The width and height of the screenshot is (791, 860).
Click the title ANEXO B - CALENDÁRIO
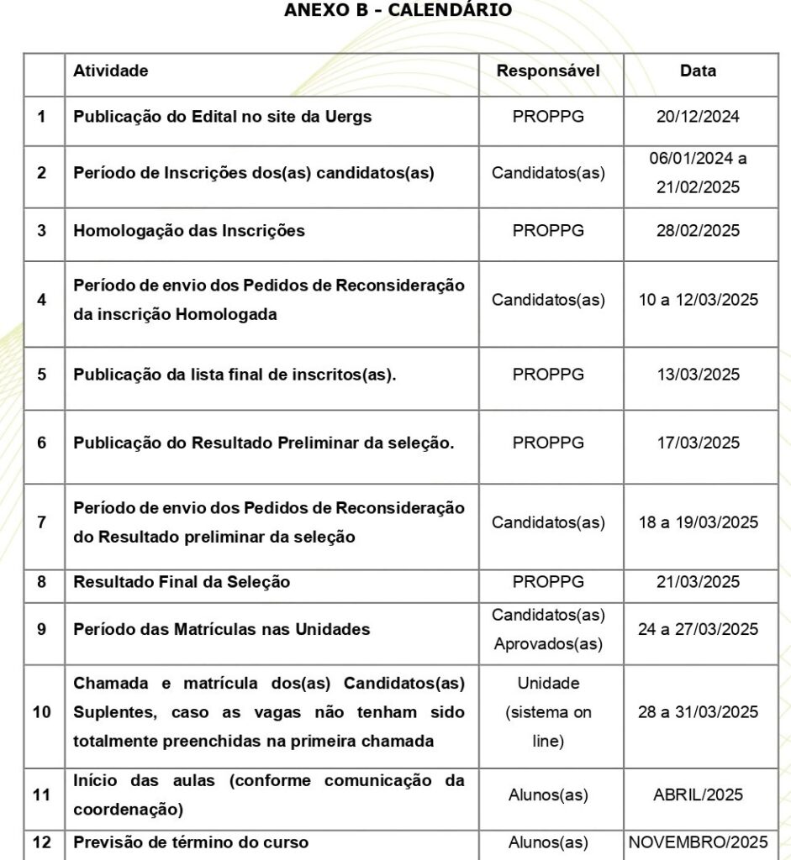(398, 10)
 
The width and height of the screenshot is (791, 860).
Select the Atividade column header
(111, 71)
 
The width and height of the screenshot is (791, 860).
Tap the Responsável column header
(548, 71)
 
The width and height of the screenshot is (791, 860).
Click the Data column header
(698, 71)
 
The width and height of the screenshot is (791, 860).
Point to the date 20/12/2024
(698, 117)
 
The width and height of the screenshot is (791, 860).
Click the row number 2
(42, 173)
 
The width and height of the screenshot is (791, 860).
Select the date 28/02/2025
(698, 230)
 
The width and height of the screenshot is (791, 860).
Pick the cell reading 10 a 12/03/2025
(698, 300)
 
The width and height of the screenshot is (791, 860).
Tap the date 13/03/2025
(698, 375)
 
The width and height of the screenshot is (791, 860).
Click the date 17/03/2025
(698, 443)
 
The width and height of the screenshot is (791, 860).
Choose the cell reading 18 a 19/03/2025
(698, 522)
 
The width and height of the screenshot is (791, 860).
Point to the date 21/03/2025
(698, 582)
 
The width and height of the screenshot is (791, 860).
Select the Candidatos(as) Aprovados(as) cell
(548, 629)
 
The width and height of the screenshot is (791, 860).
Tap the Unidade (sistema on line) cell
(548, 712)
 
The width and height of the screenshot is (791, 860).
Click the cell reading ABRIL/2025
(698, 794)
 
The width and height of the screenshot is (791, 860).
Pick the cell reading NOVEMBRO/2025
(698, 842)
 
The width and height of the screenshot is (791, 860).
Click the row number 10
(42, 712)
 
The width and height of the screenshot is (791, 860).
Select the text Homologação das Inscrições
(189, 230)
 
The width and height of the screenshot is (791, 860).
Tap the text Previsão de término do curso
(191, 842)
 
